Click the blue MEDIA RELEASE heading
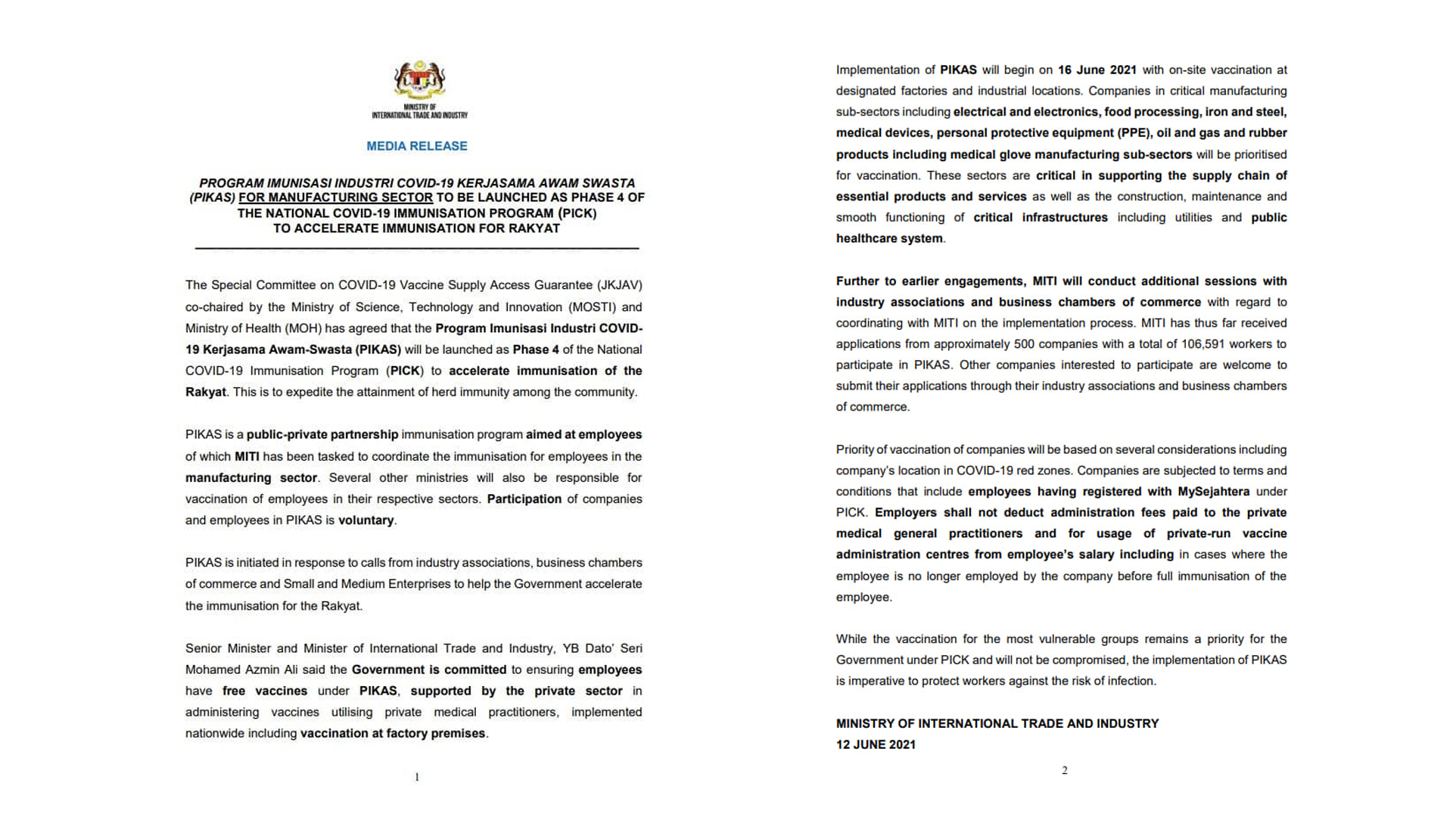[417, 146]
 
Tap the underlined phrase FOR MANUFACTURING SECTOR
[335, 197]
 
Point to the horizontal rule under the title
[417, 248]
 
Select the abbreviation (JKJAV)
[619, 285]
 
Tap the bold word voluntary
[366, 520]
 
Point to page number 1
[417, 777]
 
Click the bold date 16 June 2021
[1097, 70]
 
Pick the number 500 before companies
[1024, 343]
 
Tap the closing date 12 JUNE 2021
[876, 744]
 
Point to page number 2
[1065, 771]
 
